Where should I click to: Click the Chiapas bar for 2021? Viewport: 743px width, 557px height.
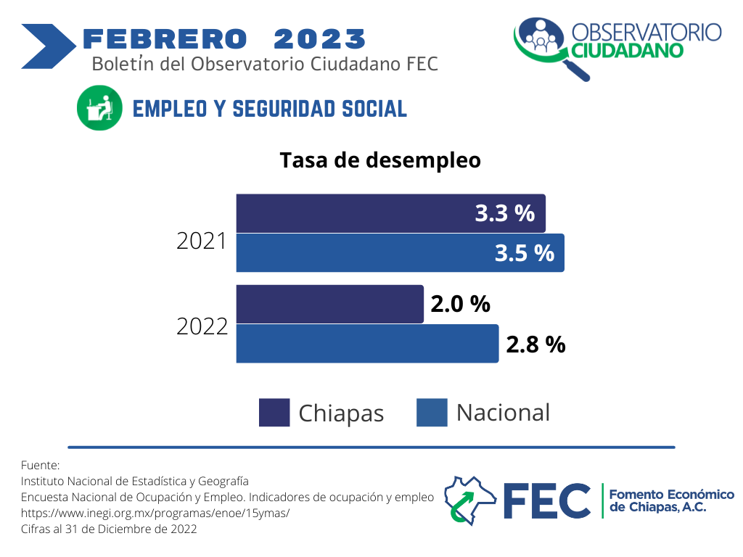pos(391,213)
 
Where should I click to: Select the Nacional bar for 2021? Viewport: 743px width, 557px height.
pos(401,252)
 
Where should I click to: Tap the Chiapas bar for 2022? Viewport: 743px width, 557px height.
pos(330,304)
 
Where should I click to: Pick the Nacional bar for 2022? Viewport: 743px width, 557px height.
pos(368,343)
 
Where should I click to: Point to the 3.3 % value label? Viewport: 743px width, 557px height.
pos(505,213)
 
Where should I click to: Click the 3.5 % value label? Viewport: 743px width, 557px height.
pos(525,253)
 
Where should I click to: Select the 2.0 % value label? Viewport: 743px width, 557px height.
pos(461,304)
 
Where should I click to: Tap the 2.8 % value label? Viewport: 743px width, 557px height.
pos(536,344)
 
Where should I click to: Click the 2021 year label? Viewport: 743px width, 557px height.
pos(202,241)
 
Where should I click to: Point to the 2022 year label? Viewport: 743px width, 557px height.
pos(202,327)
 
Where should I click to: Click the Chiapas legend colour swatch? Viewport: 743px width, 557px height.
pos(274,413)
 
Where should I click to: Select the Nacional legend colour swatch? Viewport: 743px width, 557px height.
pos(432,413)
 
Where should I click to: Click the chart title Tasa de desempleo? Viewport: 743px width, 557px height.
pos(380,160)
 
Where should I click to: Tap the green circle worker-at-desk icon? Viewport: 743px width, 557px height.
pos(99,108)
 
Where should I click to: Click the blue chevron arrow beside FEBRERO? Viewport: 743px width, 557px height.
pos(49,46)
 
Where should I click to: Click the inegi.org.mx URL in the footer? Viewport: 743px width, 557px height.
pos(155,513)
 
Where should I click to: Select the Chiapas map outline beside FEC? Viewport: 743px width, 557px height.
pos(470,500)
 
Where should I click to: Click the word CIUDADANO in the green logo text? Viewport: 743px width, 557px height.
pos(628,51)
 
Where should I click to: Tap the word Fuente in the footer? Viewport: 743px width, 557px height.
pos(41,465)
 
